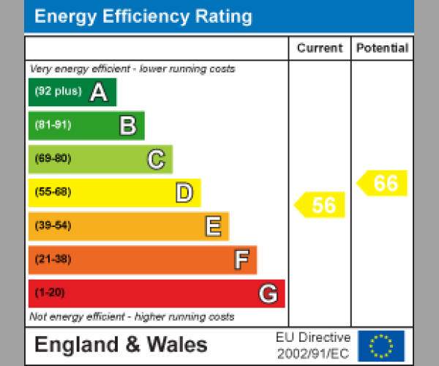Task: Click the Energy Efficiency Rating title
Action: pyautogui.click(x=143, y=17)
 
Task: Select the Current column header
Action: pyautogui.click(x=320, y=48)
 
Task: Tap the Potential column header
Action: pyautogui.click(x=382, y=48)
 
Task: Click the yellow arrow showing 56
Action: pyautogui.click(x=320, y=205)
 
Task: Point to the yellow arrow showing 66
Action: pyautogui.click(x=383, y=183)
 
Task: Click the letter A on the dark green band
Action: pyautogui.click(x=98, y=92)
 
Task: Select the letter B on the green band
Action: pyautogui.click(x=127, y=126)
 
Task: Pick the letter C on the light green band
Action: pyautogui.click(x=156, y=160)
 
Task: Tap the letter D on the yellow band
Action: pyautogui.click(x=184, y=193)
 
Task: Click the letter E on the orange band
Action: pyautogui.click(x=212, y=226)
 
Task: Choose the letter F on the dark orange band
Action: pyautogui.click(x=241, y=260)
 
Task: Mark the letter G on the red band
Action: pyautogui.click(x=268, y=294)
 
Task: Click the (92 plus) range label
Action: pyautogui.click(x=58, y=92)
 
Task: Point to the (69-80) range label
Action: pyautogui.click(x=53, y=159)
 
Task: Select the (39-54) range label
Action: pyautogui.click(x=53, y=225)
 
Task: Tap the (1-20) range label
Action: pyautogui.click(x=50, y=293)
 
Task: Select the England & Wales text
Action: pyautogui.click(x=121, y=345)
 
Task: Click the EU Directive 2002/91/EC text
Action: pyautogui.click(x=313, y=346)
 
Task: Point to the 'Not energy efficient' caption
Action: pyautogui.click(x=132, y=317)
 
